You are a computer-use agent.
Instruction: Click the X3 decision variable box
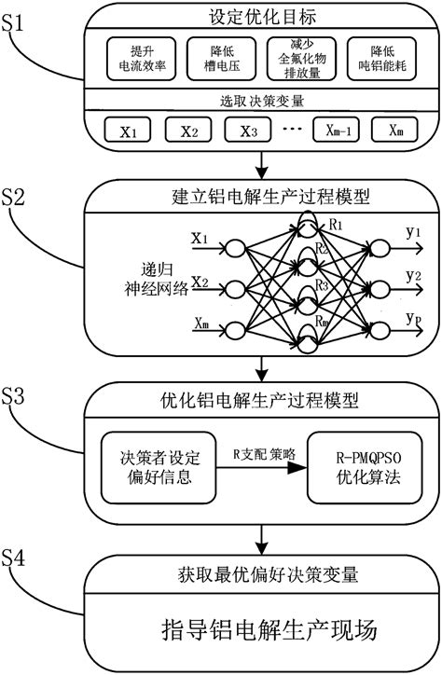248,130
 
